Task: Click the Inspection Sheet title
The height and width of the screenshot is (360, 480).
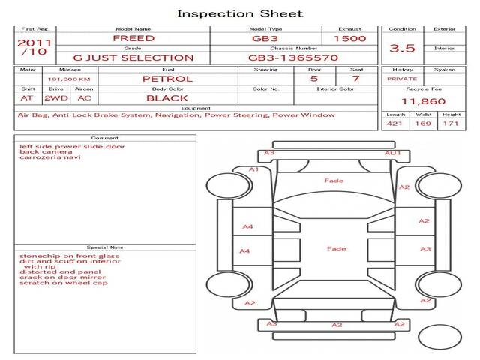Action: (x=240, y=13)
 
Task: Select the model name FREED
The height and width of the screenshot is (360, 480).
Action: (x=133, y=38)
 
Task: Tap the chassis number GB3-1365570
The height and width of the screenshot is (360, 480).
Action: (x=293, y=58)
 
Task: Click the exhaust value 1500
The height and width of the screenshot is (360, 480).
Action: (x=349, y=38)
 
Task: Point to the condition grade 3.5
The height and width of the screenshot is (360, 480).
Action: (x=403, y=48)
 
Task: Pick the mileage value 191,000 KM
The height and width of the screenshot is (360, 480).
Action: (x=69, y=79)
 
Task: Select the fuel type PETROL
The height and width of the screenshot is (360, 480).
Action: (x=167, y=79)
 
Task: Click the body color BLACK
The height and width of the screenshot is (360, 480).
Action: (x=167, y=98)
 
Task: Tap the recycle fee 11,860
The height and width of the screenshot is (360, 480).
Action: (x=424, y=101)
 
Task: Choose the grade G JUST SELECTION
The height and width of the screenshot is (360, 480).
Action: (x=133, y=58)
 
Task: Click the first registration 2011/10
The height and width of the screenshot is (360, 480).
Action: (x=34, y=48)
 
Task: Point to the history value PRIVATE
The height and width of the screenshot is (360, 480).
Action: (x=402, y=79)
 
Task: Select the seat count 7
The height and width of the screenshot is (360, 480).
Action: (x=355, y=79)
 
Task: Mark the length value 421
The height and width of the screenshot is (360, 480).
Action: (x=395, y=124)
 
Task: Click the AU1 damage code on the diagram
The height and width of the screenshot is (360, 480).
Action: (x=393, y=154)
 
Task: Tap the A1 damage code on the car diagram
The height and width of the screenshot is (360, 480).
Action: (x=253, y=170)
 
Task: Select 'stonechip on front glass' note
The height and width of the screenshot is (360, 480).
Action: (x=70, y=256)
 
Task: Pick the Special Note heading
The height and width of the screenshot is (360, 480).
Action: (x=104, y=247)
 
